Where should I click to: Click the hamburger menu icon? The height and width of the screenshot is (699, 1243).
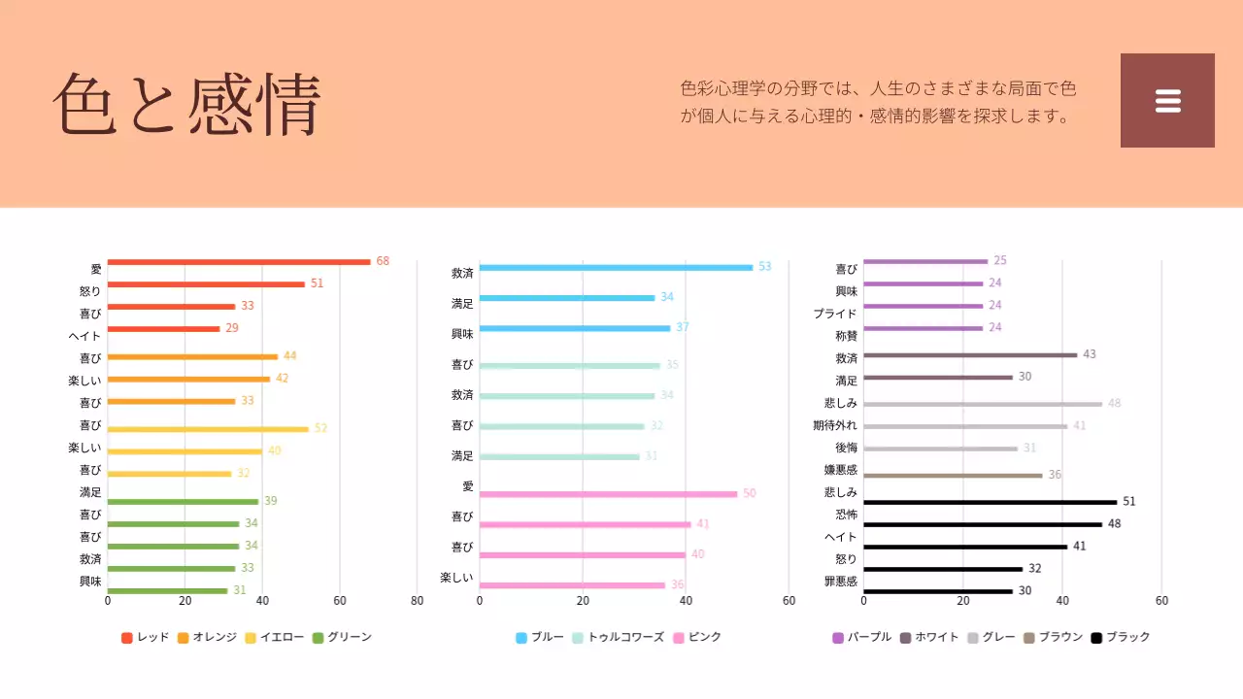[1167, 101]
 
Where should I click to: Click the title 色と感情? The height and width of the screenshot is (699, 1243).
[186, 104]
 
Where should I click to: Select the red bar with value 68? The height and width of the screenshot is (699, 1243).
[239, 261]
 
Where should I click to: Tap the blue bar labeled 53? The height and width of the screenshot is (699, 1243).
[616, 267]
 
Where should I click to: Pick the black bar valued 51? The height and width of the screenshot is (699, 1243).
[990, 502]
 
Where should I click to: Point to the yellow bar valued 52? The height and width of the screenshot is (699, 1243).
[208, 428]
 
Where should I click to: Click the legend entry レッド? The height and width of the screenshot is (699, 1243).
[146, 637]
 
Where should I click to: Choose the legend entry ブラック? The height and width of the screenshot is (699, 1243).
[1121, 637]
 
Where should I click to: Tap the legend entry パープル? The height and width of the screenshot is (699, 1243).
[862, 637]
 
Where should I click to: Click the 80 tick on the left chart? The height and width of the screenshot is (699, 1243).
[418, 601]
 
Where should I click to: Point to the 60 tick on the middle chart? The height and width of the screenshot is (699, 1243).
[789, 601]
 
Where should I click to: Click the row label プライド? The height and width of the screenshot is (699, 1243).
[835, 314]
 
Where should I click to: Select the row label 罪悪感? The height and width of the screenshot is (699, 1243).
[839, 582]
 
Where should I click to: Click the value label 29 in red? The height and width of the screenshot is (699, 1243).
[232, 328]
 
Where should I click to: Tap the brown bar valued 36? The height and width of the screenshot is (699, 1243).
[953, 476]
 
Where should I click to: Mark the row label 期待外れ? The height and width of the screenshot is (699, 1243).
[835, 425]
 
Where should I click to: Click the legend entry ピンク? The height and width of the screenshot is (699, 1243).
[697, 637]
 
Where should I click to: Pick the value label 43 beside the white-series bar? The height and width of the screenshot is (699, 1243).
[1090, 354]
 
